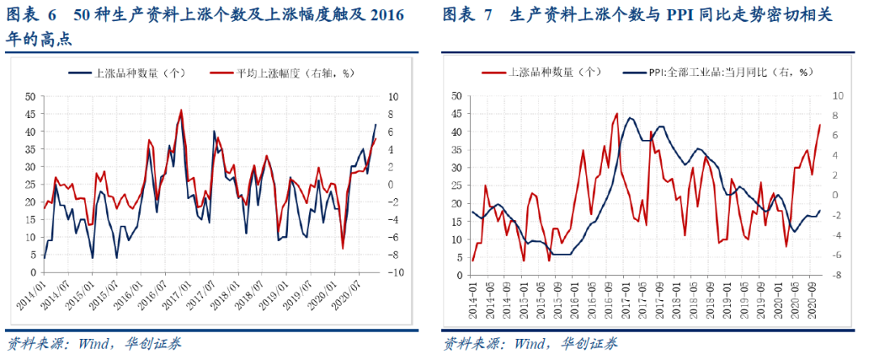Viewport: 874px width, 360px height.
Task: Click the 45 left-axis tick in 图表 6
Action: point(30,113)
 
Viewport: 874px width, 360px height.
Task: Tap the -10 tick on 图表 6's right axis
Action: point(397,273)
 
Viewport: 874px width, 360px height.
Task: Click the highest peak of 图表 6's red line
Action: point(181,110)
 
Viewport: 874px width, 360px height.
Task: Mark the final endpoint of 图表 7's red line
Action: point(820,125)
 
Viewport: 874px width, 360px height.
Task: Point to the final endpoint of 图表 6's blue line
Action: point(375,125)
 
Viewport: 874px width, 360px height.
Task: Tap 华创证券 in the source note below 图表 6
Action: point(153,344)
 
